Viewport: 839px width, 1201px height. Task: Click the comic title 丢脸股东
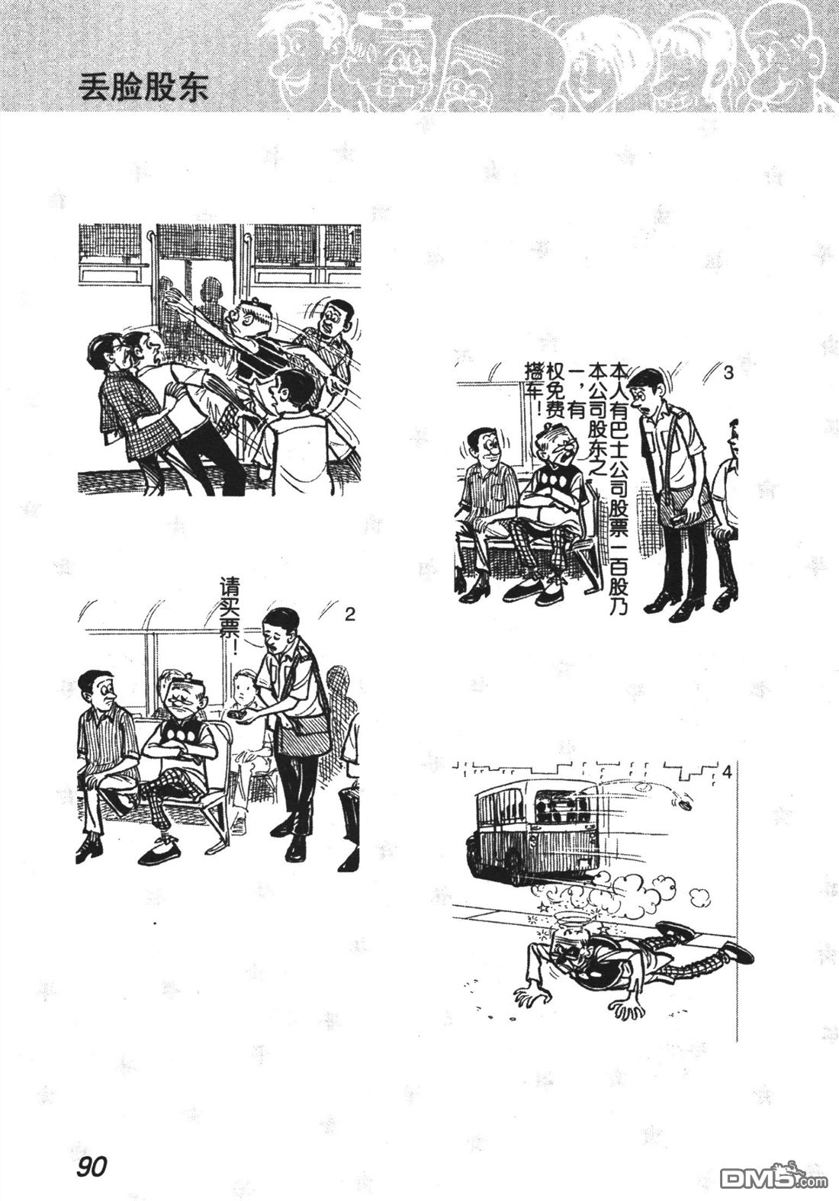pos(143,88)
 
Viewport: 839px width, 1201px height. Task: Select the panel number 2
pos(349,615)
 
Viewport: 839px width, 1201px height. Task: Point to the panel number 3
pos(728,374)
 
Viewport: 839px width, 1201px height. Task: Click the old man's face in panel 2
pos(185,698)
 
